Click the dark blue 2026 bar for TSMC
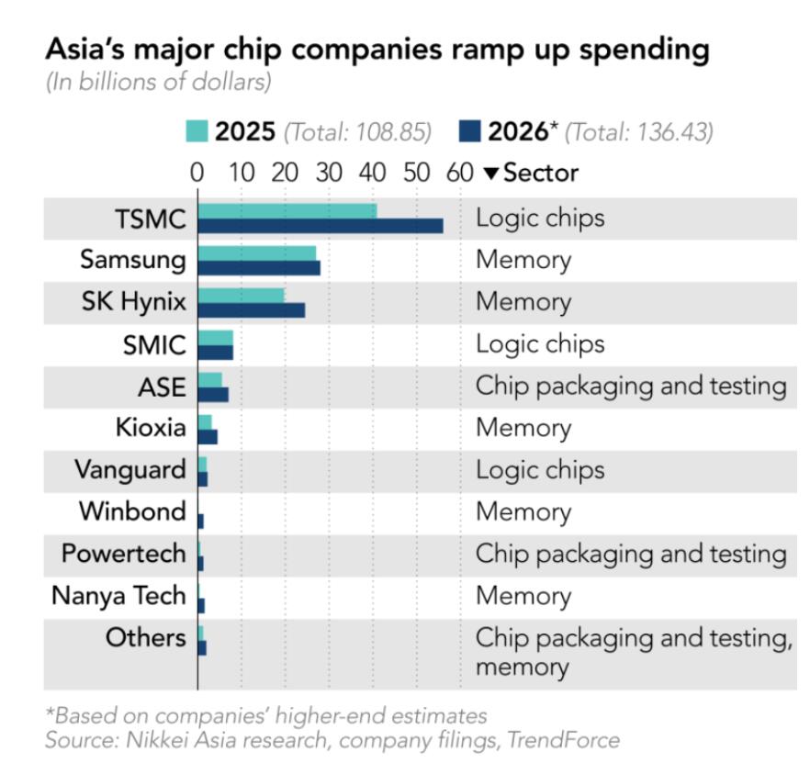[320, 226]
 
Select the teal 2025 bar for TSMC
[287, 211]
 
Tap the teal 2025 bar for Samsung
[256, 252]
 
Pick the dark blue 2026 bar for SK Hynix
[251, 310]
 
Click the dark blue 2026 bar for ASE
[213, 394]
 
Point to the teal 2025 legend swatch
[197, 131]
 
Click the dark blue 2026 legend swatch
[469, 131]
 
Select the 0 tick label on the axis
[197, 173]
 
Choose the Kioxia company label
[150, 428]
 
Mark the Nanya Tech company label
[118, 596]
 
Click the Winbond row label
[132, 511]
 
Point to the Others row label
[145, 637]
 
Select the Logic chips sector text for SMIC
[540, 343]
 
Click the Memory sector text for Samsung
[523, 260]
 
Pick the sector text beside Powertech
[630, 554]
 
